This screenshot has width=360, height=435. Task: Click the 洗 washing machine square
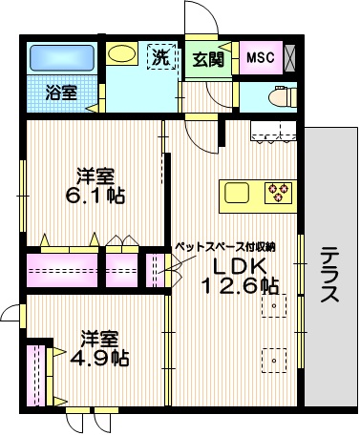pyautogui.click(x=161, y=56)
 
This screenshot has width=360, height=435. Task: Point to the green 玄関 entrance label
pyautogui.click(x=207, y=58)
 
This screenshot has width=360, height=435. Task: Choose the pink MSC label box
pyautogui.click(x=260, y=58)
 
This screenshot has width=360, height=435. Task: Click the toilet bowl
pyautogui.click(x=281, y=96)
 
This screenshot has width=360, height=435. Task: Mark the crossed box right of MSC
pyautogui.click(x=290, y=57)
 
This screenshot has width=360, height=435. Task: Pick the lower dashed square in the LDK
pyautogui.click(x=275, y=361)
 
